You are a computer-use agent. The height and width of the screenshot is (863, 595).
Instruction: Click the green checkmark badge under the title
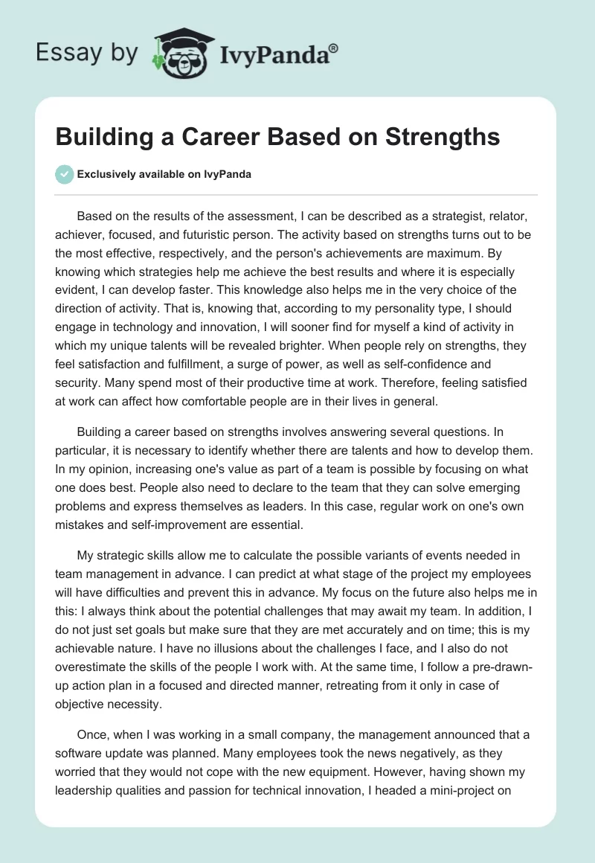(65, 173)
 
